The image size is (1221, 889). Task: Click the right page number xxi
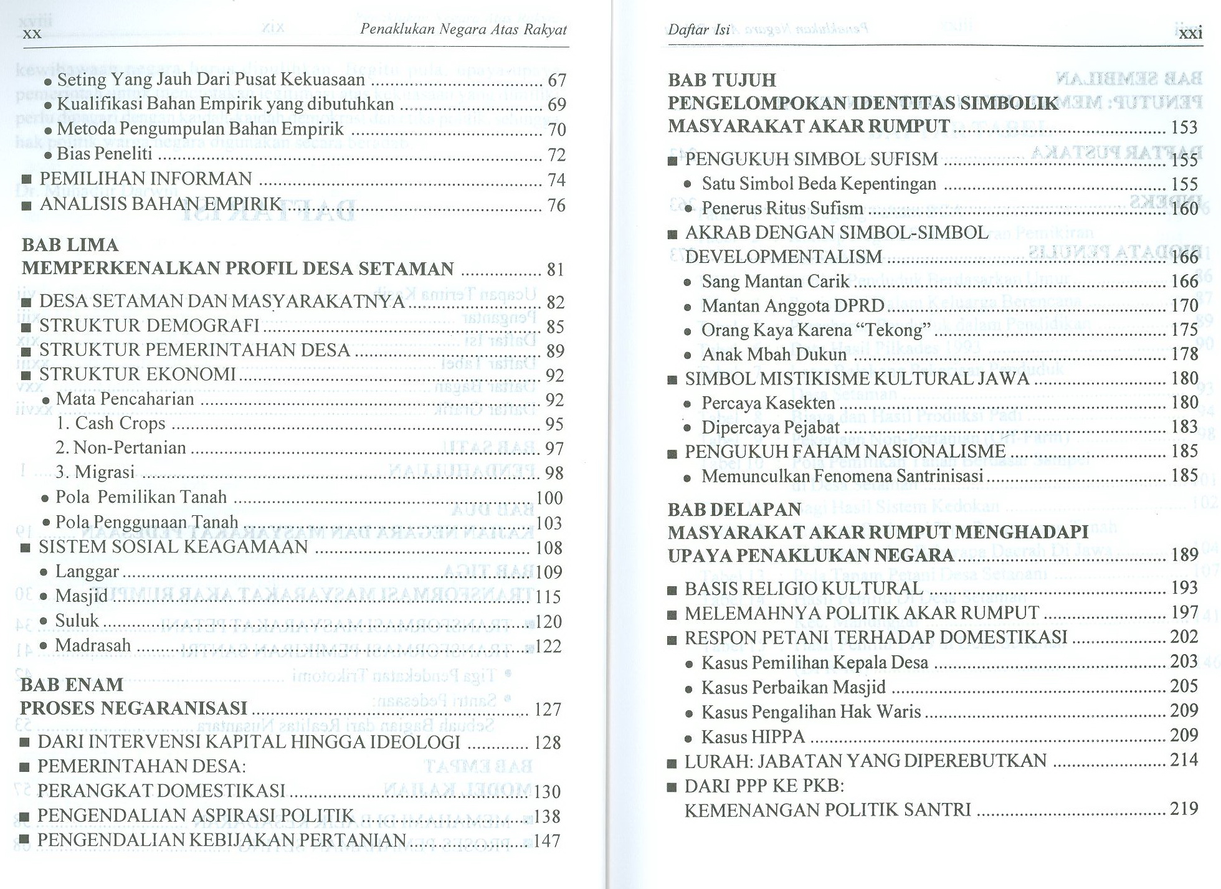[1190, 33]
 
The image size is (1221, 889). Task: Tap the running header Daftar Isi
[698, 30]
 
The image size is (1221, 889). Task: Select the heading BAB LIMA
[70, 245]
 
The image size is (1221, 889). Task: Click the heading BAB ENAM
[72, 685]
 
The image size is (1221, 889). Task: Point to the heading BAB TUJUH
[722, 80]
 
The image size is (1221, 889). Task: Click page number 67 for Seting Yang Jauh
[556, 80]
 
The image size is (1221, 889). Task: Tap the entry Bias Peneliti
[105, 154]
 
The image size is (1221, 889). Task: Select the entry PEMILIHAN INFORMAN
[146, 179]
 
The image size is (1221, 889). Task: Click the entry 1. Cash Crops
[111, 424]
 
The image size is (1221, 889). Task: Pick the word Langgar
[87, 572]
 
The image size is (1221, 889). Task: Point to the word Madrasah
[93, 645]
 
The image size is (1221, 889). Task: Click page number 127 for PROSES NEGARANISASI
[548, 710]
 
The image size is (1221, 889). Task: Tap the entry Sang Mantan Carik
[775, 282]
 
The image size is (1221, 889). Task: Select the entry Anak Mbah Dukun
[774, 354]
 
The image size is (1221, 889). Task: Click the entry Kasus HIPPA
[753, 737]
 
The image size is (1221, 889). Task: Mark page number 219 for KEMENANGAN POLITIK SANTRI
[1184, 809]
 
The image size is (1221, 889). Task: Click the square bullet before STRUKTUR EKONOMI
[26, 376]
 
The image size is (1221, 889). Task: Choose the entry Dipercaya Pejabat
[771, 428]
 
